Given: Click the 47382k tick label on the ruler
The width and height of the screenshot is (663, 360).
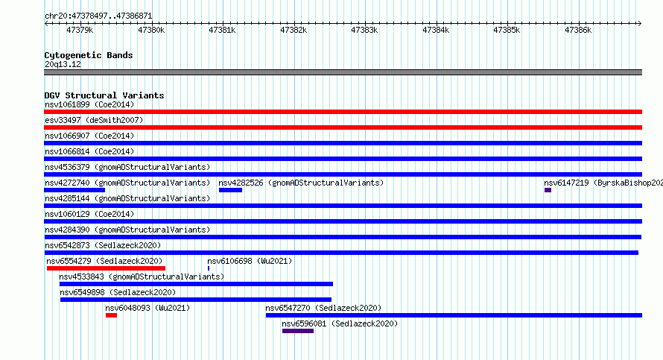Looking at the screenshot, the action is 294,30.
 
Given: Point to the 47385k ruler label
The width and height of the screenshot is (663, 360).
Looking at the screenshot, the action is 507,30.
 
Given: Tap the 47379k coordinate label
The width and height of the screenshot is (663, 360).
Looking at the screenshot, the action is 80,30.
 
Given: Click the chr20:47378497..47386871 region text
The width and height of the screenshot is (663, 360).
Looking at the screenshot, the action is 98,16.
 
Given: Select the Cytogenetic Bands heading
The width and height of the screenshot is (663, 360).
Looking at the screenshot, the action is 89,55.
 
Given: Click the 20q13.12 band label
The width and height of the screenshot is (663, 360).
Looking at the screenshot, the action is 63,64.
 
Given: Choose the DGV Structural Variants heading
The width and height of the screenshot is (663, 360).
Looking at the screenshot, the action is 104,95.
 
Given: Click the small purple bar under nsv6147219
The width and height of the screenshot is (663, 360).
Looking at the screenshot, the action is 548,190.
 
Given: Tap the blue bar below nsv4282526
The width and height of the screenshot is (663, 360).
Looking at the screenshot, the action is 230,190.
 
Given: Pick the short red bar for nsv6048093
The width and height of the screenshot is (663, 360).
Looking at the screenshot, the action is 111,315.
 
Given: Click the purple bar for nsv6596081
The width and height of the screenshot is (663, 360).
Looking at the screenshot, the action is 298,331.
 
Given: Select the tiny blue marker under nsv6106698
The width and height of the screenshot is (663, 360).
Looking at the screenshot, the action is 209,268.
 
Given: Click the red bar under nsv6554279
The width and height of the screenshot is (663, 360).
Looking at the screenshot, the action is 106,268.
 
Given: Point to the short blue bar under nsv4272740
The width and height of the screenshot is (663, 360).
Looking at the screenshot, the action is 74,190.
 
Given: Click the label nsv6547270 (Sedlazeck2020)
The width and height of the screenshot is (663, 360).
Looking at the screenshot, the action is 323,308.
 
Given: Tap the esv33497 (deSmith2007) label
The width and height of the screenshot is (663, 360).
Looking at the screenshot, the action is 94,120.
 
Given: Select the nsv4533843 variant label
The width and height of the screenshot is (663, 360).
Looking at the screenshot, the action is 82,277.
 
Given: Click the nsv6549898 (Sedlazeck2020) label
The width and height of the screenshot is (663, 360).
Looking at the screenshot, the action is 118,292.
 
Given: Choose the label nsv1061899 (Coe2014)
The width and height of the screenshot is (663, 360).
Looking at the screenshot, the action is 89,104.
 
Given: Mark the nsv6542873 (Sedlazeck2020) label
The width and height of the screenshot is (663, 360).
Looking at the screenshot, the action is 103,245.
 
